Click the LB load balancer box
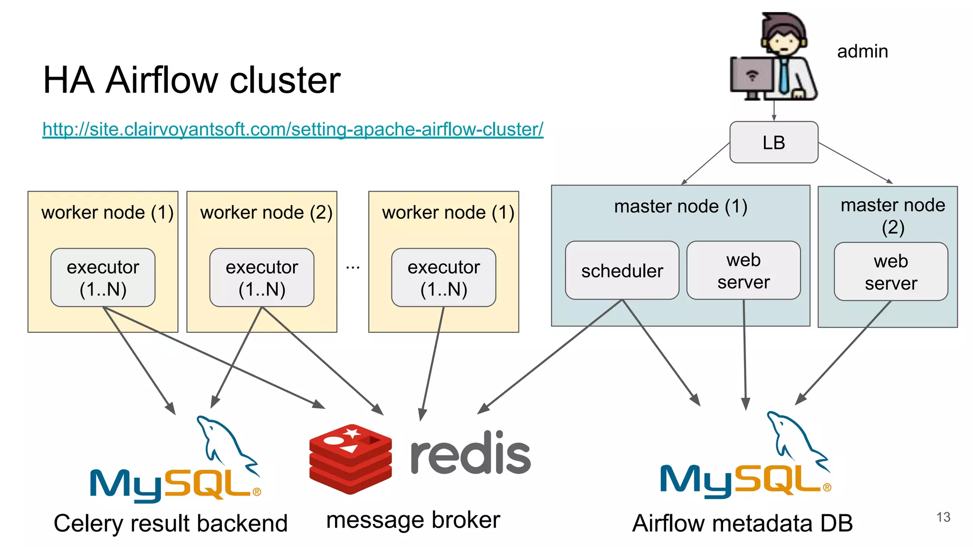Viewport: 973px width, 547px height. point(773,142)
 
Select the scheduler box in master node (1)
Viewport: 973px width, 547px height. point(621,271)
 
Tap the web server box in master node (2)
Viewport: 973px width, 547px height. point(890,272)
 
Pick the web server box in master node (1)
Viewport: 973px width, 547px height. point(743,271)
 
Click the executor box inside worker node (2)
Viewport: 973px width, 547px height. point(262,277)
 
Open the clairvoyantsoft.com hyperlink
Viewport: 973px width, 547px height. point(293,129)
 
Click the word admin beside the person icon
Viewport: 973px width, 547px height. point(862,51)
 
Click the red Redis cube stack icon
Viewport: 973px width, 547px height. point(351,458)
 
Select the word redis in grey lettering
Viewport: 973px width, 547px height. point(470,454)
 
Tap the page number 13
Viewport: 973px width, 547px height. point(943,517)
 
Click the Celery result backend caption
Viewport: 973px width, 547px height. point(171,523)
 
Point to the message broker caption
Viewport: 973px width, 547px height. point(413,520)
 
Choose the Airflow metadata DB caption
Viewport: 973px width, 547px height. point(742,523)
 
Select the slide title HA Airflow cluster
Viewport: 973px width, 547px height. point(191,80)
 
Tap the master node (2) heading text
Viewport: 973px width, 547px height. point(892,216)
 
